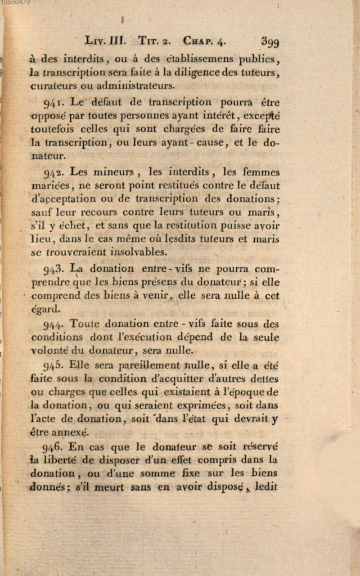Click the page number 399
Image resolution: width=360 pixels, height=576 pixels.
coord(270,42)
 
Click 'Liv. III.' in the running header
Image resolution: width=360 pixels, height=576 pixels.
coord(105,41)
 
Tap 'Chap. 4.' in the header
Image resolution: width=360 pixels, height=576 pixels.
coord(205,41)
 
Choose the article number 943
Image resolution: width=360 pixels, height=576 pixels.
coord(53,269)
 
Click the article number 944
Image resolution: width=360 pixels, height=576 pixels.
coord(53,325)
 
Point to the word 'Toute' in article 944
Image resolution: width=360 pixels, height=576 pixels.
coord(84,324)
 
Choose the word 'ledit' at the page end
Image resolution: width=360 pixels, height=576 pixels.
coord(267,486)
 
